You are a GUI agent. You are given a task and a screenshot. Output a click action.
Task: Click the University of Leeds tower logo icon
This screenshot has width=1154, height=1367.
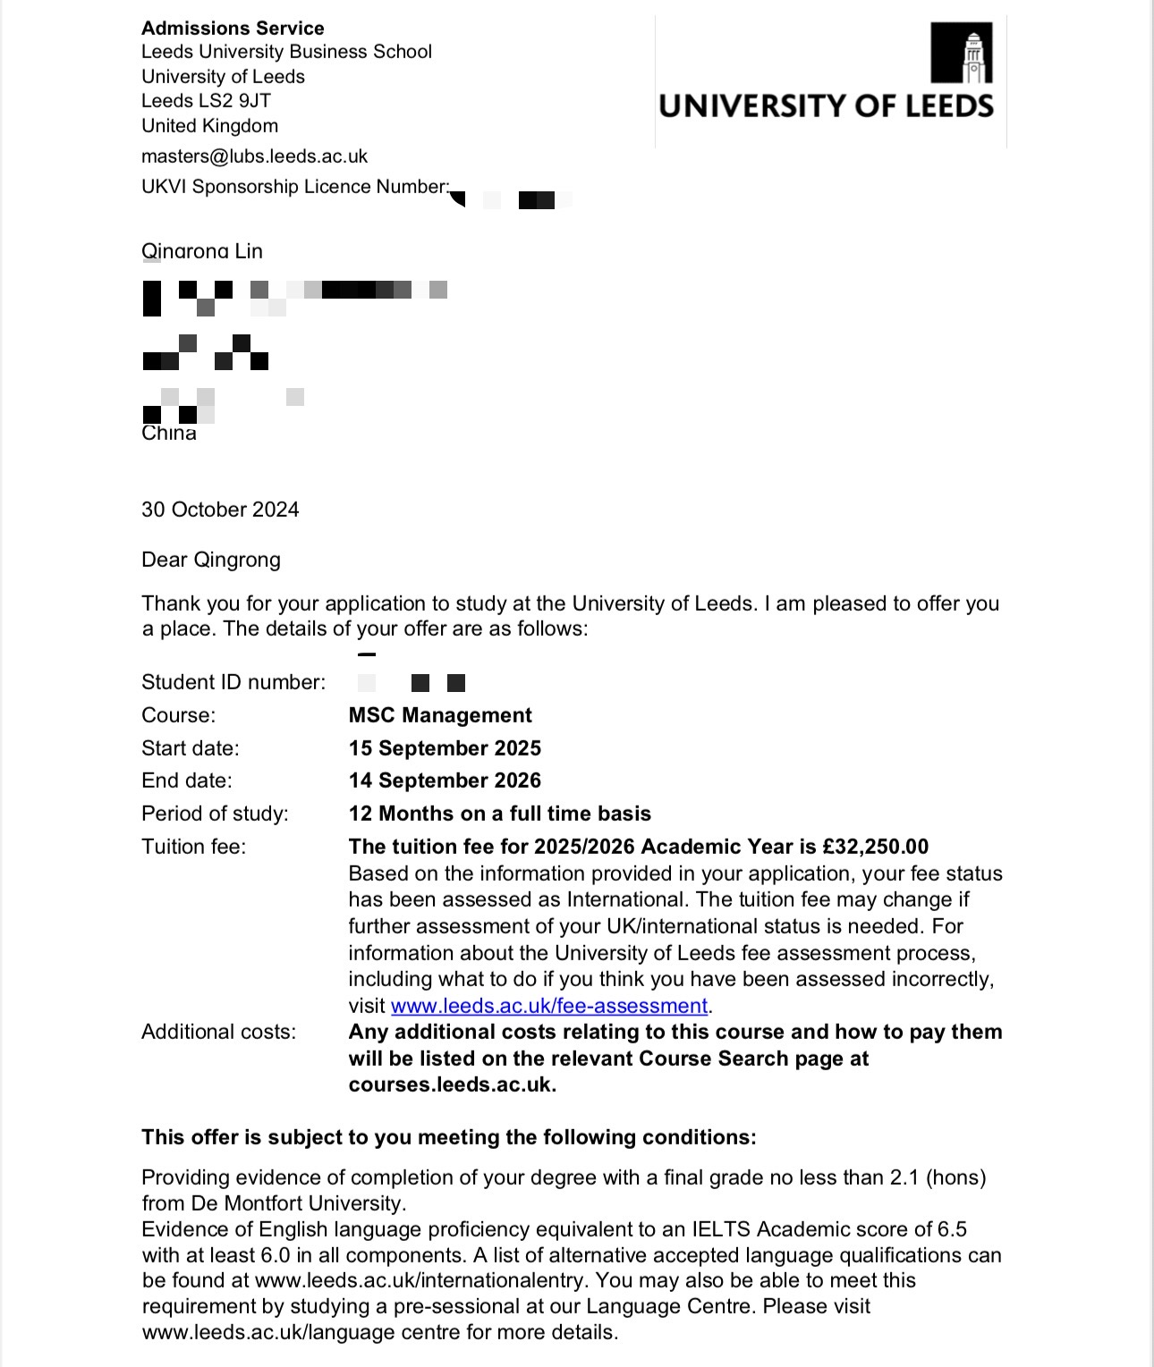(962, 53)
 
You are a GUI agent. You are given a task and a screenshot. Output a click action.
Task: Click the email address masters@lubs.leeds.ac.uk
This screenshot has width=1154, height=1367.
(254, 156)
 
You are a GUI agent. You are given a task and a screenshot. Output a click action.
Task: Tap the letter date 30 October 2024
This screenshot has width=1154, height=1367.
(220, 510)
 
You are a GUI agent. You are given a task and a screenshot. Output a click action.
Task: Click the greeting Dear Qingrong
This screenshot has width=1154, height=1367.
(211, 560)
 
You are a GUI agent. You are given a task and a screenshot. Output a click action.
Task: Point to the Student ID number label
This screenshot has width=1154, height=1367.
(233, 682)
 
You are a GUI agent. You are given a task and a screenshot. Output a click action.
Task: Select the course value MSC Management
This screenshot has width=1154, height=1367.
(440, 715)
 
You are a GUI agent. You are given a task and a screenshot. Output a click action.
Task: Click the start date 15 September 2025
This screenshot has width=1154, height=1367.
(445, 748)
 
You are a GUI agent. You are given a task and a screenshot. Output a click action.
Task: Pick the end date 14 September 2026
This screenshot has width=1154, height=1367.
(445, 781)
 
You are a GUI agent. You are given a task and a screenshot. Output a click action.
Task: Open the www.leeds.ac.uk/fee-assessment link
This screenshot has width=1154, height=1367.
(549, 1006)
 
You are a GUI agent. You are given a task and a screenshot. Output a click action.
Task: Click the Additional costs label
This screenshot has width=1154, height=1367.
(218, 1032)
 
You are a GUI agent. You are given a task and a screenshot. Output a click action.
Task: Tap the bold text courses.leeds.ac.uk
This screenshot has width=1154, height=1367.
(452, 1084)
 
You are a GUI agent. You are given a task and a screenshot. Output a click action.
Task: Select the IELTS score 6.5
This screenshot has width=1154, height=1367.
(952, 1229)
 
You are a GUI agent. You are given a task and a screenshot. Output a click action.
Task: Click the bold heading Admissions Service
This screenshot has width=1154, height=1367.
(233, 28)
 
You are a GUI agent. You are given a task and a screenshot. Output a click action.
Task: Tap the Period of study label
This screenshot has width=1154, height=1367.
(215, 814)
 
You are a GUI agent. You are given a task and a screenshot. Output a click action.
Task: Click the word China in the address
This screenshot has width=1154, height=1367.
(169, 434)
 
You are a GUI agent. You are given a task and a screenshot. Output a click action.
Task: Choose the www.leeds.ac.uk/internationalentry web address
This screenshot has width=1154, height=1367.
(420, 1280)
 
